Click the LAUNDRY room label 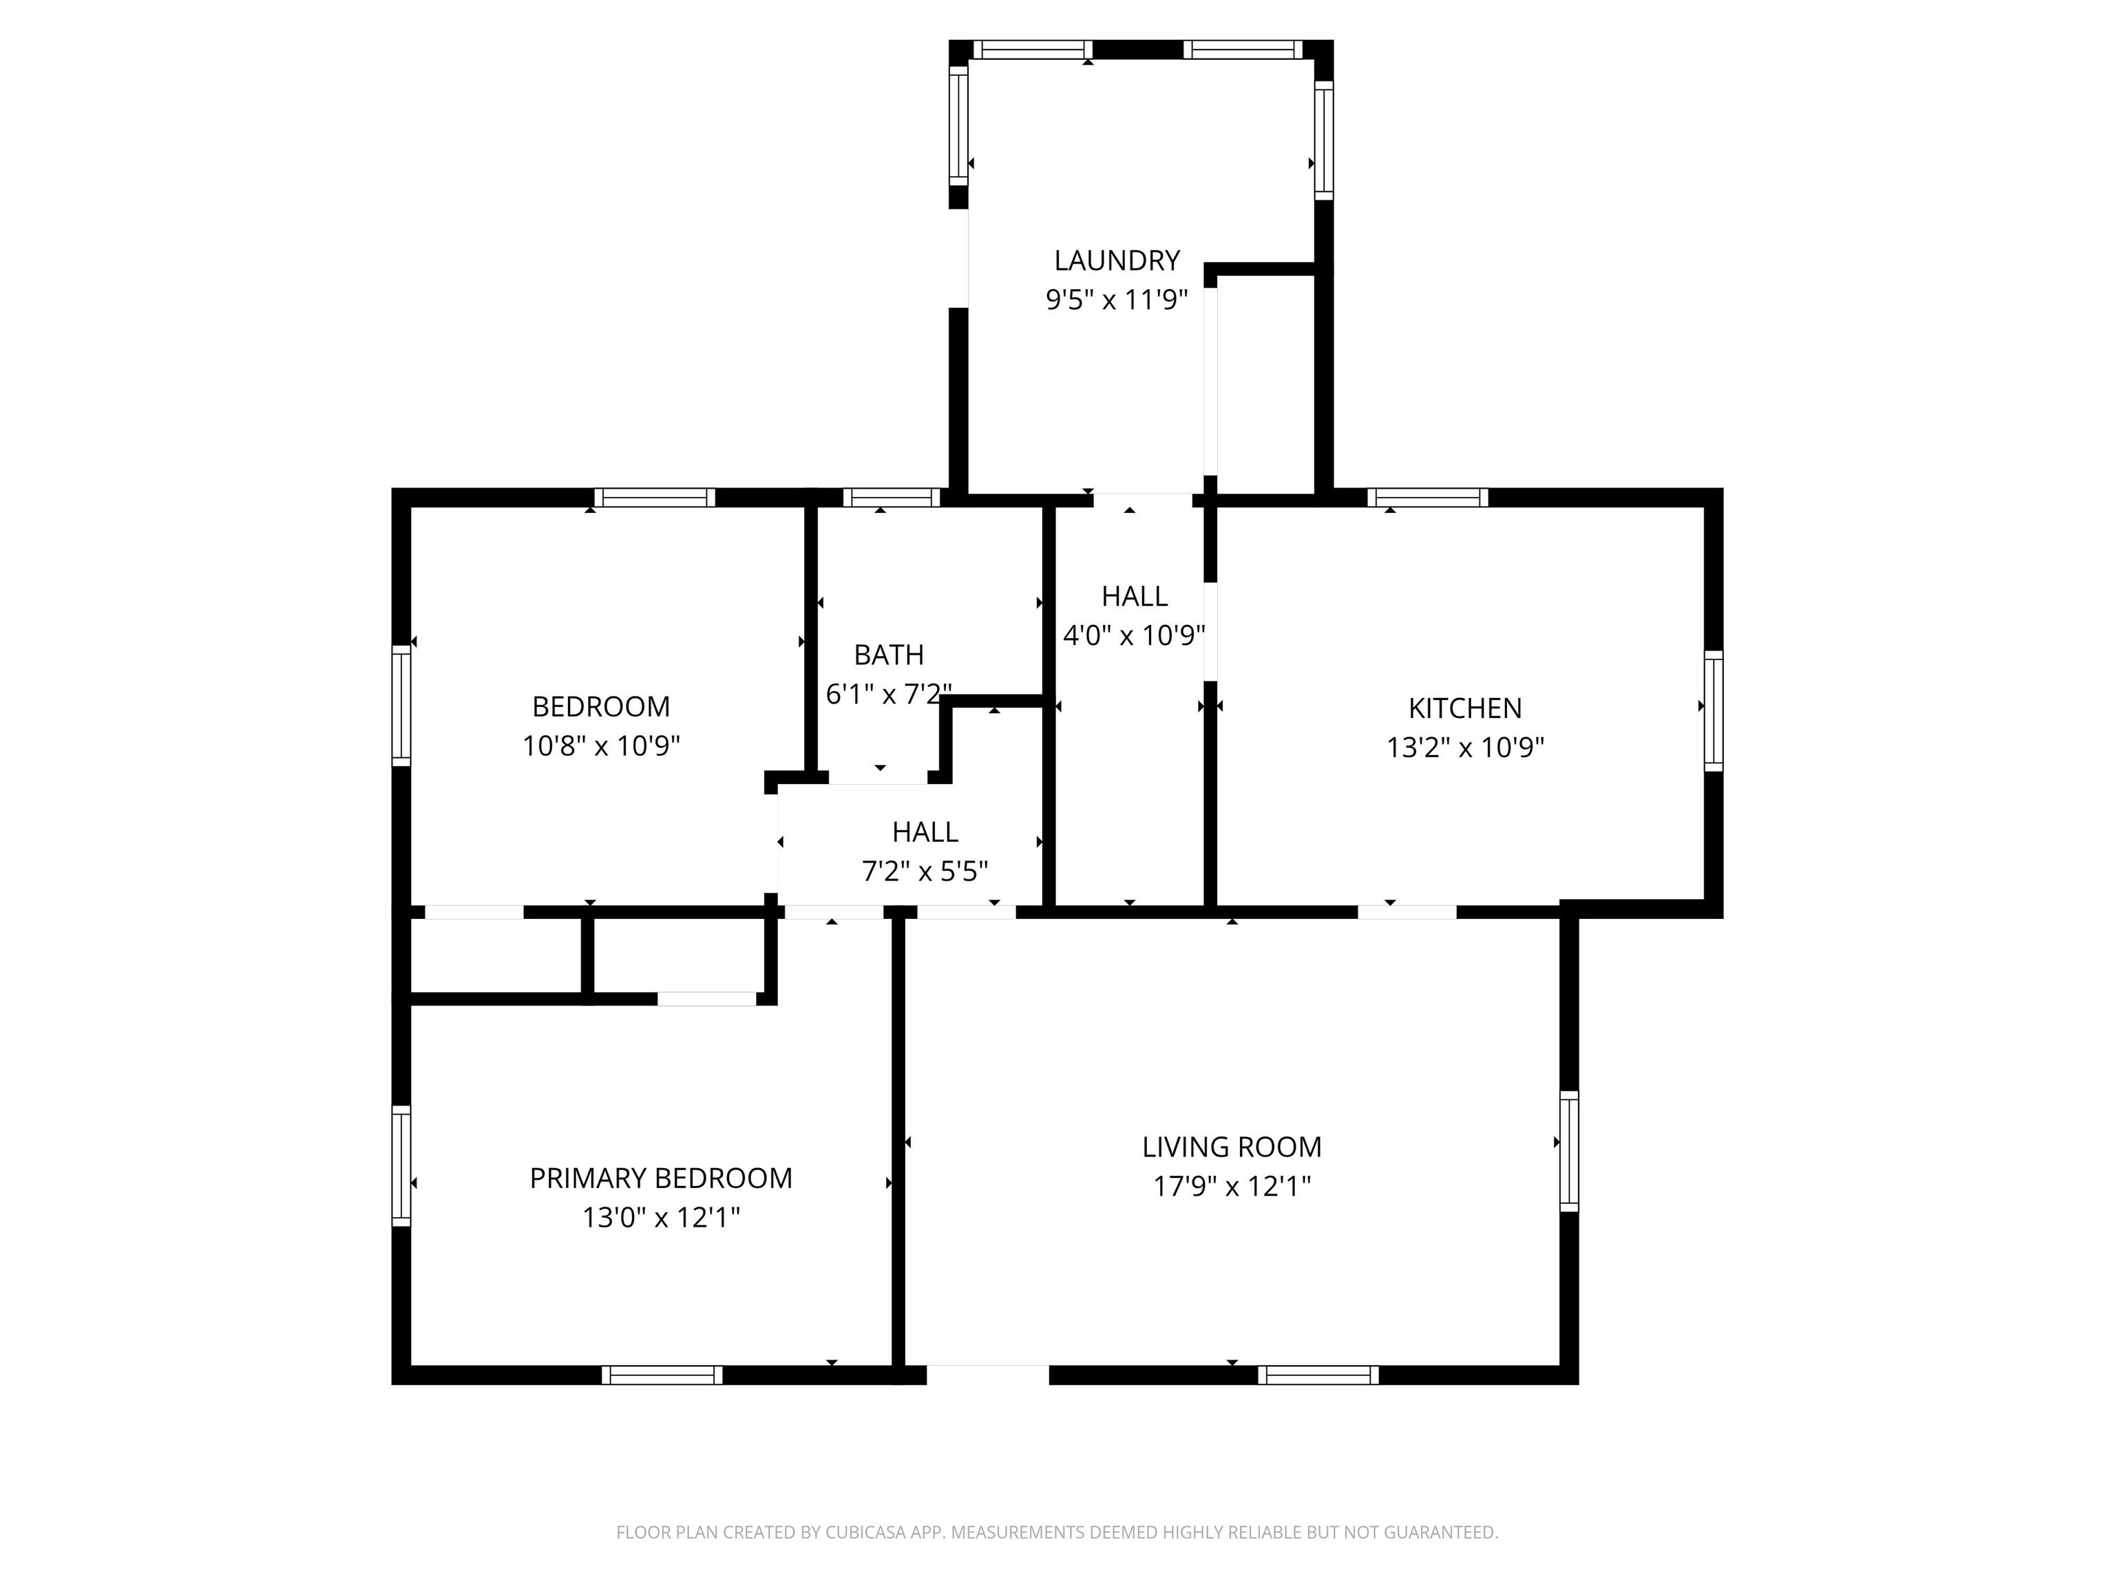point(1116,260)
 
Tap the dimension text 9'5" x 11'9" point(1116,300)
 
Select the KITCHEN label point(1465,708)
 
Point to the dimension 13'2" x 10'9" point(1465,748)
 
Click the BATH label point(888,655)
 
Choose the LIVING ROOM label point(1232,1146)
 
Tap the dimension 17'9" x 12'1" point(1232,1186)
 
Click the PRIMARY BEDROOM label point(661,1178)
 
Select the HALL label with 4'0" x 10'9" point(1134,595)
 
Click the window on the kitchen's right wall point(1714,710)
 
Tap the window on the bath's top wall point(891,497)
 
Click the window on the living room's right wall point(1569,1151)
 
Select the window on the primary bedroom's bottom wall point(662,1375)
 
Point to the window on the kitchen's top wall point(1427,497)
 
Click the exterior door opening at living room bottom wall point(988,1375)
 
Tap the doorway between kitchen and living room point(1407,912)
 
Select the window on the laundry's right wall point(1323,140)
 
